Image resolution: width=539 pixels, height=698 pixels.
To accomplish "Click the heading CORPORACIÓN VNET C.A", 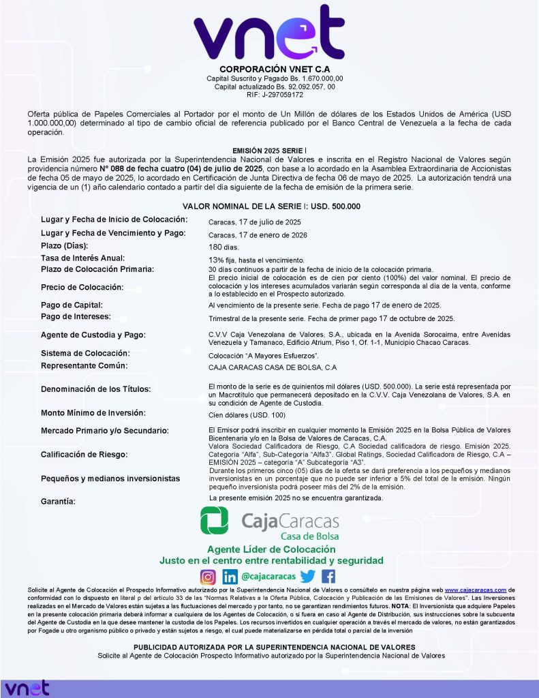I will coord(269,70).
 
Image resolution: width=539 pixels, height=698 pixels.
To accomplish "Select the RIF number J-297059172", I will coord(269,95).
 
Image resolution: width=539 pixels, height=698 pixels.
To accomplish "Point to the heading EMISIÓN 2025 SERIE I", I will coord(269,149).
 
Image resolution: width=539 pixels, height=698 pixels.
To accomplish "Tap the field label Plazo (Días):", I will coord(74,245).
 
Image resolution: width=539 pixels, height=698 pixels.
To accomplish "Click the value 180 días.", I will coord(224,247).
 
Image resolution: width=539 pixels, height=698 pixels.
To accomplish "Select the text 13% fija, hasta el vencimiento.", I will coord(256,260).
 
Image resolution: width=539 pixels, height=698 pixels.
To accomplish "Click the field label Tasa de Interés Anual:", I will coord(82,258).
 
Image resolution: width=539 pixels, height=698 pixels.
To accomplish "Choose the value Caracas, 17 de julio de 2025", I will coord(254,222).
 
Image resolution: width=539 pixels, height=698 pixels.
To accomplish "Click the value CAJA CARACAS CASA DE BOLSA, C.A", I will coord(273,367).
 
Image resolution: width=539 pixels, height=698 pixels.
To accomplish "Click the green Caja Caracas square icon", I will coord(214,521).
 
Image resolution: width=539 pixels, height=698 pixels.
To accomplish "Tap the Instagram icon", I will coord(208,577).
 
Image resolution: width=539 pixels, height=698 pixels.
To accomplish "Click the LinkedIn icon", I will coord(230,577).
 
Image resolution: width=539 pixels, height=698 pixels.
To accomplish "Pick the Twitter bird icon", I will coord(307,577).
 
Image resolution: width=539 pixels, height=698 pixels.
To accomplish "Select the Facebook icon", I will coord(328,577).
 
